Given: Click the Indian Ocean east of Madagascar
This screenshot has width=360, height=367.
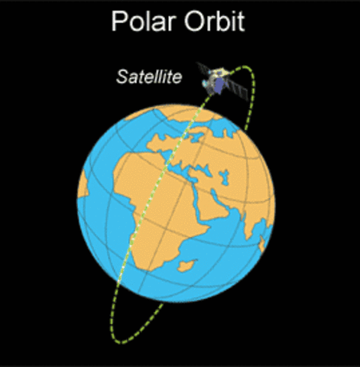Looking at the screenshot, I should [x=222, y=268].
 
